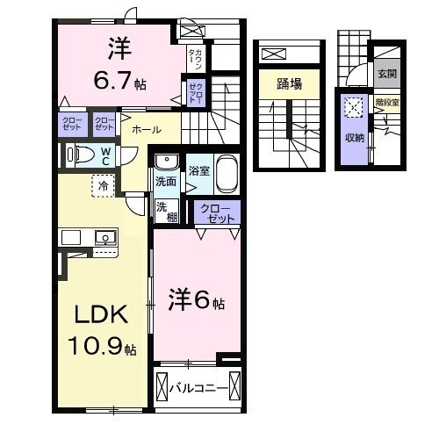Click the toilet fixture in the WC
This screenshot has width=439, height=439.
pyautogui.click(x=82, y=155)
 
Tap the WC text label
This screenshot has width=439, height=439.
pyautogui.click(x=104, y=155)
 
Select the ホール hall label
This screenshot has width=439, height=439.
pyautogui.click(x=146, y=129)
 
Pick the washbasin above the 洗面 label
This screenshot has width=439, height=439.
pyautogui.click(x=164, y=162)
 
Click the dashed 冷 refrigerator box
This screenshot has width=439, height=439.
pyautogui.click(x=104, y=186)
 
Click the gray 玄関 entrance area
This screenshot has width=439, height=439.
pyautogui.click(x=386, y=75)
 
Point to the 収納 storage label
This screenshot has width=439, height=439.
pyautogui.click(x=354, y=136)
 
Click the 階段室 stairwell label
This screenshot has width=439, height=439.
pyautogui.click(x=387, y=102)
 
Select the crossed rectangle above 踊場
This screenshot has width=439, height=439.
pyautogui.click(x=275, y=54)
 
